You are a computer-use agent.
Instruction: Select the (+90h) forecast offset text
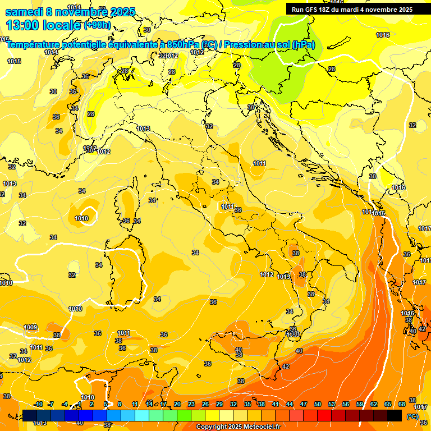coord(97,25)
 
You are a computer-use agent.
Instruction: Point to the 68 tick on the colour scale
coord(402,404)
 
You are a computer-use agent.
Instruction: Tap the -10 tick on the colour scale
coord(38,404)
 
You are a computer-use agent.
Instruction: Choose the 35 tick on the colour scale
coord(247,404)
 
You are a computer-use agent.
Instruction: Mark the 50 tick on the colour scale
coord(318,404)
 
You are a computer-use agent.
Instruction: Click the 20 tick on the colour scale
coord(177,404)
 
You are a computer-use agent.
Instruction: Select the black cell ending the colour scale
coord(395,415)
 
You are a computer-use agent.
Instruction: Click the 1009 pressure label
coord(30,327)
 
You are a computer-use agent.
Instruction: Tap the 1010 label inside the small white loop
coord(81,218)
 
